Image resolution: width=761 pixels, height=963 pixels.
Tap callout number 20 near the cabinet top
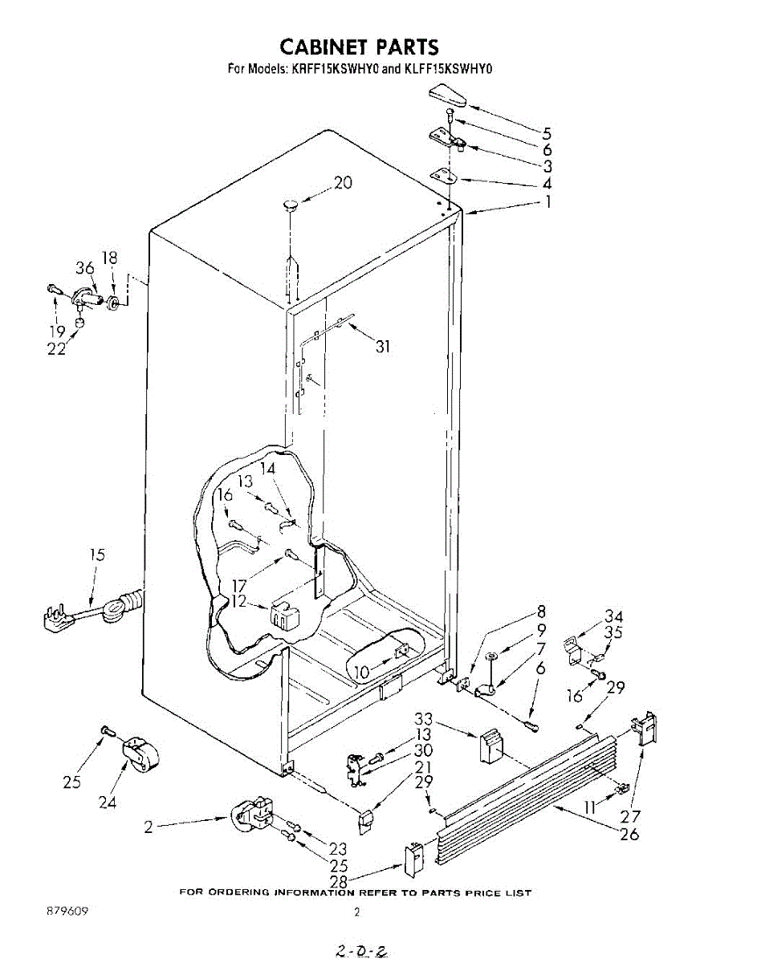tap(343, 183)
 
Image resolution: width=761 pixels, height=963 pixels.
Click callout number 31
tap(384, 347)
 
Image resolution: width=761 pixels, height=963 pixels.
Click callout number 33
tap(424, 718)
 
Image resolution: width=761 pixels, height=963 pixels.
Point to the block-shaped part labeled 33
tap(490, 746)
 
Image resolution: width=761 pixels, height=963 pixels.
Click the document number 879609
tap(67, 912)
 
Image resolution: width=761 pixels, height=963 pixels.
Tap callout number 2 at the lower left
tap(149, 827)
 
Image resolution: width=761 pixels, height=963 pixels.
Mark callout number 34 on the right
tap(614, 616)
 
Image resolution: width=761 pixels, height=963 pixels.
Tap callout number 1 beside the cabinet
tap(547, 202)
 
